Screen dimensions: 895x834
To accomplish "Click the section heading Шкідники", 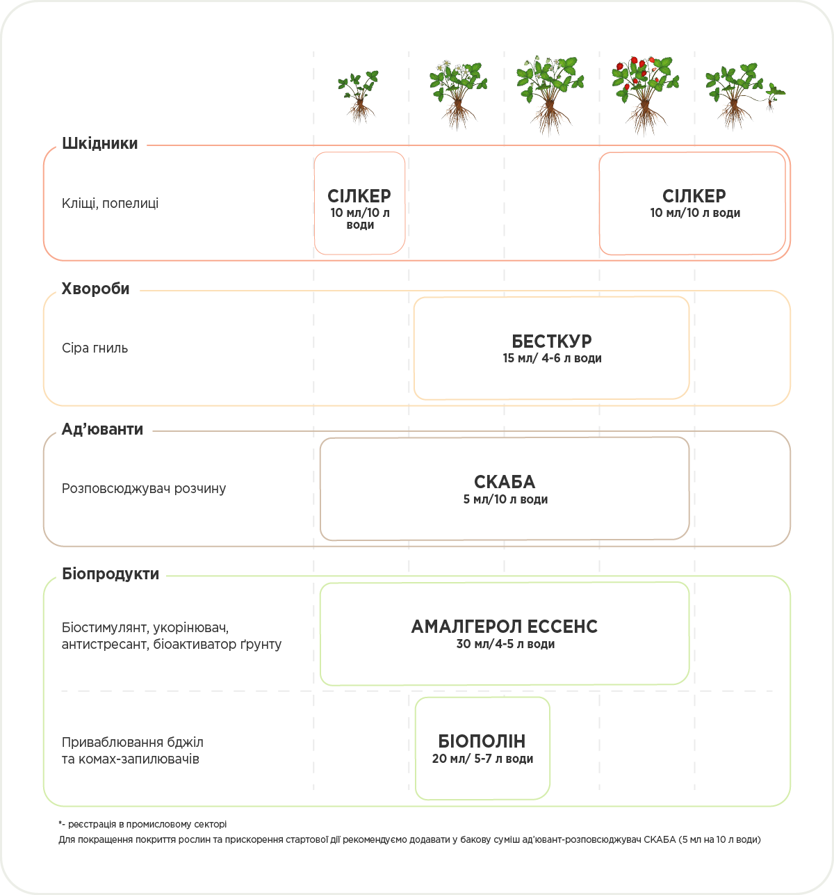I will [x=100, y=144].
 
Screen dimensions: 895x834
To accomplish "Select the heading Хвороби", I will [x=96, y=289].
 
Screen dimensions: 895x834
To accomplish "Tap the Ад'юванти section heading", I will [x=102, y=430].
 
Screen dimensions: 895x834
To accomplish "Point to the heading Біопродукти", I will [x=111, y=574].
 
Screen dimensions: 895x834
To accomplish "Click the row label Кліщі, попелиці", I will [x=110, y=204].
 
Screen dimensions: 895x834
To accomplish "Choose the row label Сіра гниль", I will [x=95, y=348].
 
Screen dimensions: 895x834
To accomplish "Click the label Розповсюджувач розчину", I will [x=144, y=489].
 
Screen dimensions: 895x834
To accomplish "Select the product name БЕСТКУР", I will [x=552, y=341].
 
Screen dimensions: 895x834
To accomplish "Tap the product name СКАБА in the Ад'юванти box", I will [x=505, y=482].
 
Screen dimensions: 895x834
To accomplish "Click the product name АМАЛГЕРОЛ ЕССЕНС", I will [x=505, y=627].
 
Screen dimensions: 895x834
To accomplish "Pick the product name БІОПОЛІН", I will [x=482, y=741].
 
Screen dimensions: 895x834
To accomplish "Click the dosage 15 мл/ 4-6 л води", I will [x=552, y=359].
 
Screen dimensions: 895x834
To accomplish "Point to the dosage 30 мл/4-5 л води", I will [x=505, y=645].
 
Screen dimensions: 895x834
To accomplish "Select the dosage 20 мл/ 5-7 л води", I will [x=482, y=759].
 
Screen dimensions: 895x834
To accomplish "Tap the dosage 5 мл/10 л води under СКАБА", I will [x=505, y=500].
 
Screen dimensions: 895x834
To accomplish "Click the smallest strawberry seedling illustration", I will [x=359, y=96].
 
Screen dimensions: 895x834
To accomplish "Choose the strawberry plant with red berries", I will [x=646, y=94].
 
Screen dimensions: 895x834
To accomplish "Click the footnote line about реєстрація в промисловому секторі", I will [x=143, y=825].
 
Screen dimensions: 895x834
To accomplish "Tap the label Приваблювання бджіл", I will [x=132, y=743].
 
